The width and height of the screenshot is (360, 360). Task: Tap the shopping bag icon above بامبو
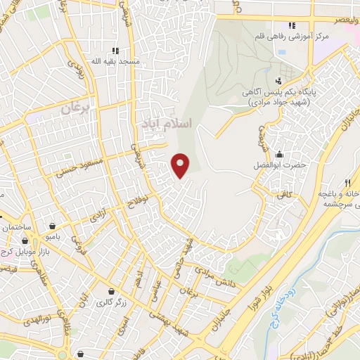point(54,226)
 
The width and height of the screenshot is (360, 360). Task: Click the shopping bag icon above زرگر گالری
point(110,291)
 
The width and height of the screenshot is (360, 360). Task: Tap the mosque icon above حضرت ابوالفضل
point(280,155)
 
